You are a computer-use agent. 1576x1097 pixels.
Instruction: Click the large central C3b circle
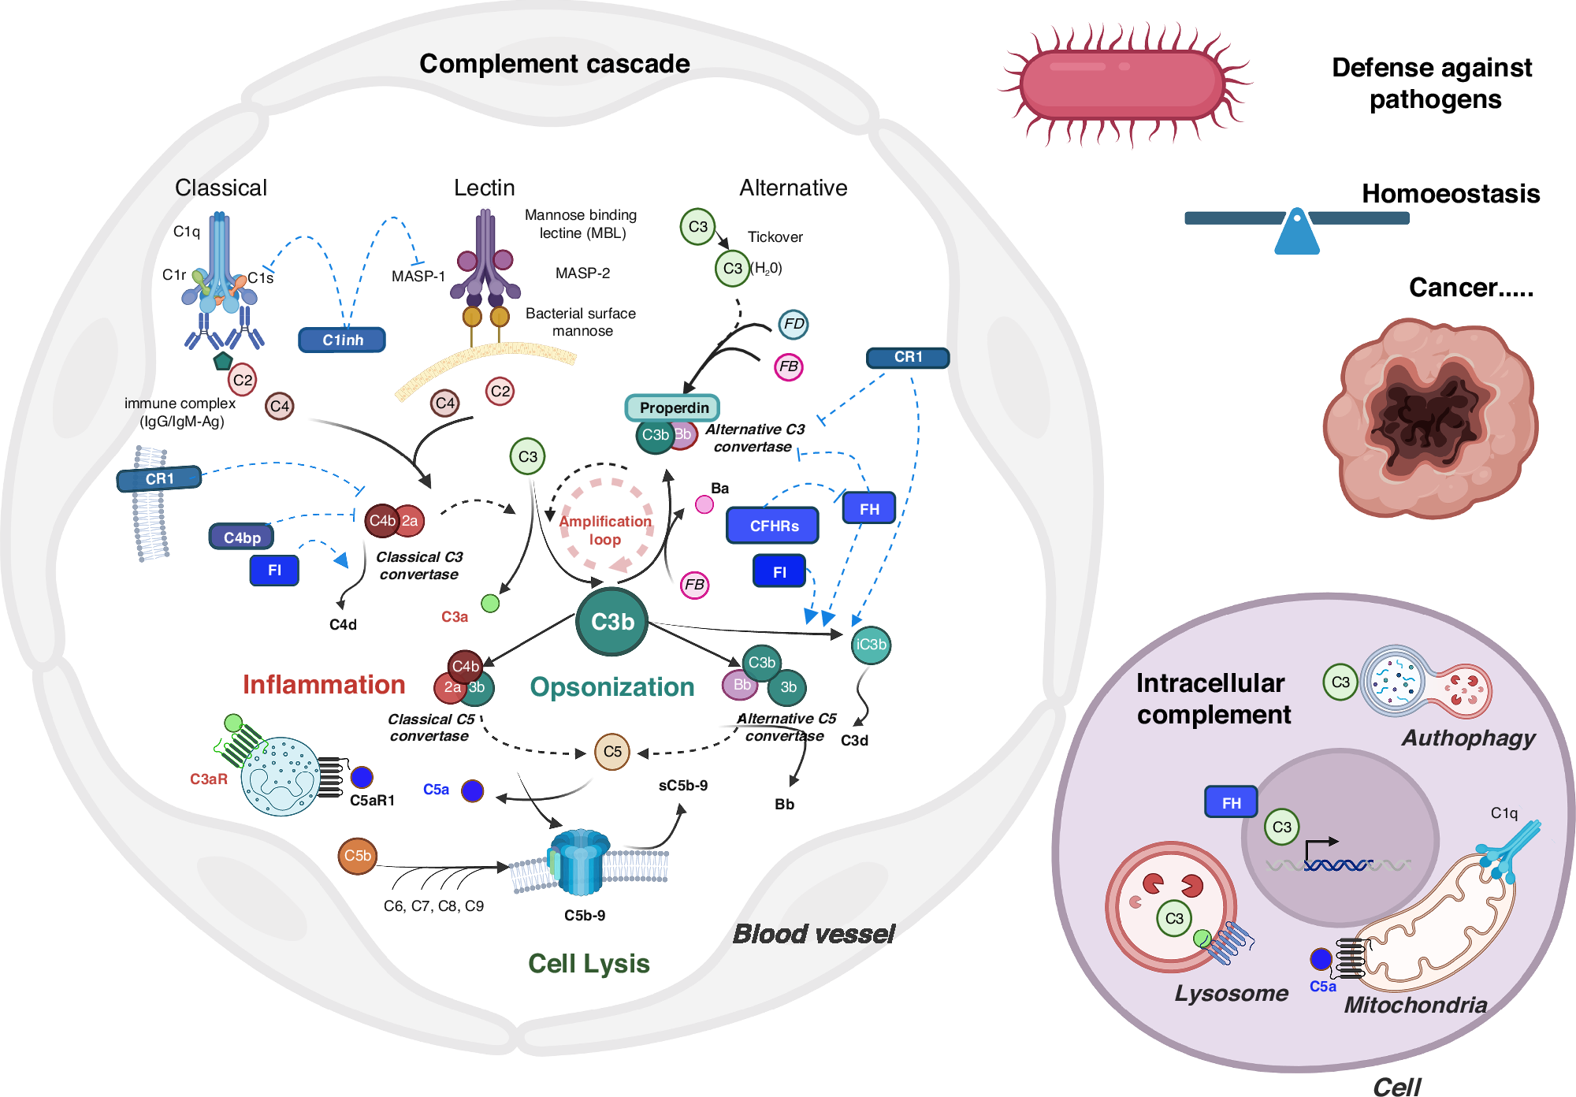(x=611, y=622)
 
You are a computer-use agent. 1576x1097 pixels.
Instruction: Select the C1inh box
(x=342, y=340)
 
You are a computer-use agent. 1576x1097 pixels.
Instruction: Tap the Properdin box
(x=673, y=407)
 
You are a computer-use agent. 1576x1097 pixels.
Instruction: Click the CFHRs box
(x=773, y=526)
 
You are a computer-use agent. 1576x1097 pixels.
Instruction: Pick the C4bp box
(x=241, y=537)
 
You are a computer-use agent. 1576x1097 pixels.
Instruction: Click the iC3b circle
(x=871, y=645)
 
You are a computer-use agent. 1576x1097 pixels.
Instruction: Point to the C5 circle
(x=612, y=751)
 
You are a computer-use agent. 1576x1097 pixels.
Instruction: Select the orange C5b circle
(x=357, y=856)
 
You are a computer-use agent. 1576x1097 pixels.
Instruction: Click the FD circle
(x=794, y=324)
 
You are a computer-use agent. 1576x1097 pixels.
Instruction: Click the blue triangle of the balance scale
(x=1297, y=234)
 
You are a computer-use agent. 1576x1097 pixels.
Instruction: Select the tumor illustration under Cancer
(x=1430, y=418)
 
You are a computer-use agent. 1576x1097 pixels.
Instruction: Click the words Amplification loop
(x=605, y=530)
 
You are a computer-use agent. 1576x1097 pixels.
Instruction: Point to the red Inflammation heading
(x=323, y=684)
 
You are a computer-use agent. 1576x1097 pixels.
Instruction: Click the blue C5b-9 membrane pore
(x=580, y=862)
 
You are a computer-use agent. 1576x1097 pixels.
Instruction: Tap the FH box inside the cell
(x=1231, y=802)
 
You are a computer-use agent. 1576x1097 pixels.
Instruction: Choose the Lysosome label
(x=1231, y=993)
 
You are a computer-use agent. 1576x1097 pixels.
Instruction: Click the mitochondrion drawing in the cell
(x=1442, y=930)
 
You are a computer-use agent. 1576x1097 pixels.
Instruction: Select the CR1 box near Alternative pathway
(x=908, y=357)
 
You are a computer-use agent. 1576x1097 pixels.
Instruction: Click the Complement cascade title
(x=554, y=64)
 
